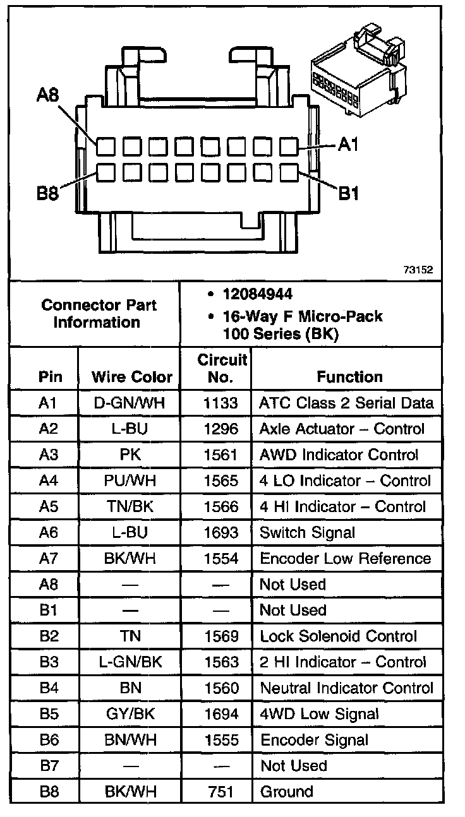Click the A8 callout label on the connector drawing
point(48,96)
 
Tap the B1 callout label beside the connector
point(349,192)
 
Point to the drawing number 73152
point(418,270)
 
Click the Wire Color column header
point(132,377)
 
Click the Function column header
point(349,377)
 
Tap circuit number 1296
point(221,429)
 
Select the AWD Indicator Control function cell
point(339,455)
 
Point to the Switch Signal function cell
point(307,532)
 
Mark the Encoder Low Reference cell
point(345,558)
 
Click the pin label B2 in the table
point(49,636)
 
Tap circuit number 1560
point(221,688)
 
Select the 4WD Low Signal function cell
point(319,713)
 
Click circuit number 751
point(221,791)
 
